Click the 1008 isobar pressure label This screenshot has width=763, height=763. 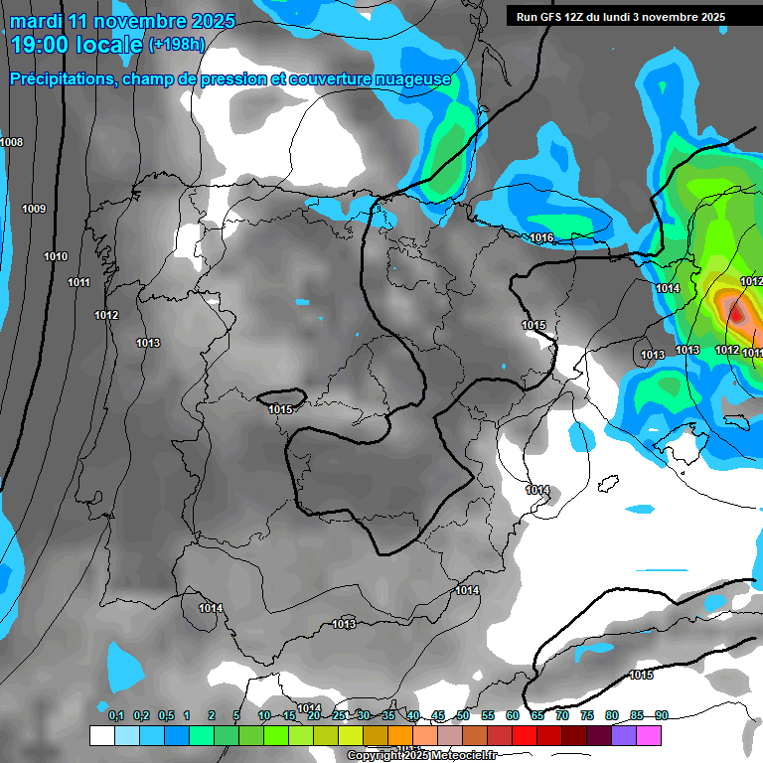pyautogui.click(x=12, y=143)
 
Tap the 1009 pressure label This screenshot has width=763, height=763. pyautogui.click(x=34, y=209)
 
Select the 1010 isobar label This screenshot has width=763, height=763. pyautogui.click(x=56, y=257)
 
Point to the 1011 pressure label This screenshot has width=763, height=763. pyautogui.click(x=79, y=283)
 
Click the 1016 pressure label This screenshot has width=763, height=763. pyautogui.click(x=541, y=237)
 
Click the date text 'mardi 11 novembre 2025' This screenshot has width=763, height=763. pyautogui.click(x=122, y=21)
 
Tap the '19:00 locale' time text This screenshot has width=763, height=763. pyautogui.click(x=76, y=45)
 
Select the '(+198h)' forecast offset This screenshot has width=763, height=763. pyautogui.click(x=177, y=45)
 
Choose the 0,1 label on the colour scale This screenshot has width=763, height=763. pyautogui.click(x=116, y=716)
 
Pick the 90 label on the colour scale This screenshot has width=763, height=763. pyautogui.click(x=662, y=716)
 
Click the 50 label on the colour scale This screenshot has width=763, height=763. pyautogui.click(x=463, y=716)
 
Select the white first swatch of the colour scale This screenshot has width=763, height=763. pyautogui.click(x=101, y=735)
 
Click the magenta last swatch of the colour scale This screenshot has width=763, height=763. pyautogui.click(x=649, y=735)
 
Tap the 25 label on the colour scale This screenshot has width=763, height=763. pyautogui.click(x=339, y=716)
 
